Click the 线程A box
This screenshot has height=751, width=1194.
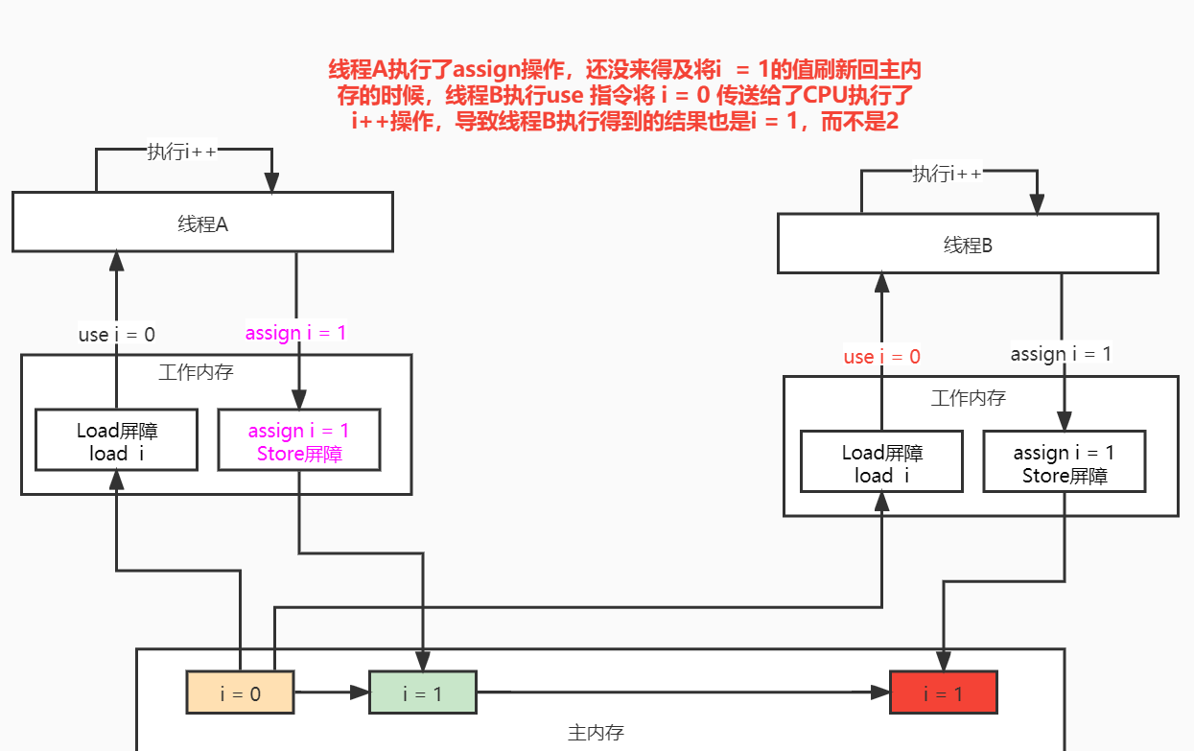point(202,223)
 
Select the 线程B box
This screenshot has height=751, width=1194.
point(967,244)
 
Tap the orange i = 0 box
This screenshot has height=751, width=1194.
point(240,692)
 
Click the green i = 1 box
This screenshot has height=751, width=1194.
point(422,692)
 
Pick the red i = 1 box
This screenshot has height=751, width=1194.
point(943,692)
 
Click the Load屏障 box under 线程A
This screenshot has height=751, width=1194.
point(116,441)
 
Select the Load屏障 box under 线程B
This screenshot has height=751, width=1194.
point(881,463)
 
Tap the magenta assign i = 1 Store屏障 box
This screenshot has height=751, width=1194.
point(298,441)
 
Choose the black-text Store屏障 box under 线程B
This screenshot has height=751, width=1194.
point(1064,463)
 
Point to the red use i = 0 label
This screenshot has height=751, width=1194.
point(881,357)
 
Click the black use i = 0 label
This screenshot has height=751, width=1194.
point(116,334)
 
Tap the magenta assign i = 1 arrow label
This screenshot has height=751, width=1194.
point(295,333)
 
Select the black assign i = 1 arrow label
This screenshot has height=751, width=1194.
point(1061,354)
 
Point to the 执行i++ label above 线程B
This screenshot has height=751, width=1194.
point(948,174)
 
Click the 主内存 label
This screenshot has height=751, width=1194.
point(596,733)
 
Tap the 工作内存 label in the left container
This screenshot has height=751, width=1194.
point(196,371)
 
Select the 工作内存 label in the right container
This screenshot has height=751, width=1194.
point(969,396)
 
